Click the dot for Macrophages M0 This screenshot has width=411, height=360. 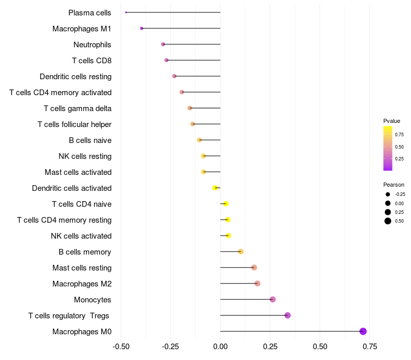click(x=363, y=331)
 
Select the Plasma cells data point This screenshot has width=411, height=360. click(x=126, y=12)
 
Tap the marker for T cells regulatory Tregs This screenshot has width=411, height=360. click(x=288, y=315)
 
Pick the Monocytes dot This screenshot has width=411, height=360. click(x=273, y=299)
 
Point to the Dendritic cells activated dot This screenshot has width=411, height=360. click(x=215, y=188)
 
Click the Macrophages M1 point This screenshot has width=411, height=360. click(x=141, y=28)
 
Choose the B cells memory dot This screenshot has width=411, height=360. click(x=240, y=251)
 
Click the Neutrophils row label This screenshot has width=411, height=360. click(x=92, y=45)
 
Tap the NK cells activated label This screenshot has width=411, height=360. click(x=81, y=236)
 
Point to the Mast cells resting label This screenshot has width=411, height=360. click(x=82, y=268)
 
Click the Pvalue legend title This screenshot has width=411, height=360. click(x=391, y=121)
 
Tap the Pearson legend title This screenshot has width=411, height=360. click(x=394, y=185)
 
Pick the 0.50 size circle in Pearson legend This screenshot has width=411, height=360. click(x=388, y=221)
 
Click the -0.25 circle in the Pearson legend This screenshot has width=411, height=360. click(x=388, y=194)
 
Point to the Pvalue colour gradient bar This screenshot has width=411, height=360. click(x=388, y=148)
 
